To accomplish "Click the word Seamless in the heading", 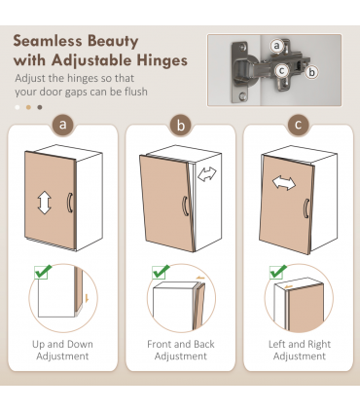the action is coord(48,41).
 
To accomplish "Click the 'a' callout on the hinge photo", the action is coord(276,46).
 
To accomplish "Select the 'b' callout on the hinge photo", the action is coord(311,72).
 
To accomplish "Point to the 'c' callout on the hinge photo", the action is coord(281,70).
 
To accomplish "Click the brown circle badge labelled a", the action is coord(63,125).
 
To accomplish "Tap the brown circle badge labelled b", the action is coord(181,125).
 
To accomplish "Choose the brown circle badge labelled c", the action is coord(298,125).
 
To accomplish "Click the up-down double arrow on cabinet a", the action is coord(45,203).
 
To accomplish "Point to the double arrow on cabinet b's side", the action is coord(207,174).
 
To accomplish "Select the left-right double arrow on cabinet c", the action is coord(284,183).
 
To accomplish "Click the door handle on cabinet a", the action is coord(70,203).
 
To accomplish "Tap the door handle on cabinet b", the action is coord(186,206).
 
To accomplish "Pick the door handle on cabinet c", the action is coord(306,208).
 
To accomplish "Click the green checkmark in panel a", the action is coord(43,272).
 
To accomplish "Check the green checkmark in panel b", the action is coord(161,272).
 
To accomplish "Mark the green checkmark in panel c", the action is coord(278,272).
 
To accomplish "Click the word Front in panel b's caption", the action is coord(159,344).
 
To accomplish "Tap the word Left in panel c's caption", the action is coord(277,344).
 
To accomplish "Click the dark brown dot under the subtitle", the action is coord(40,107).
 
